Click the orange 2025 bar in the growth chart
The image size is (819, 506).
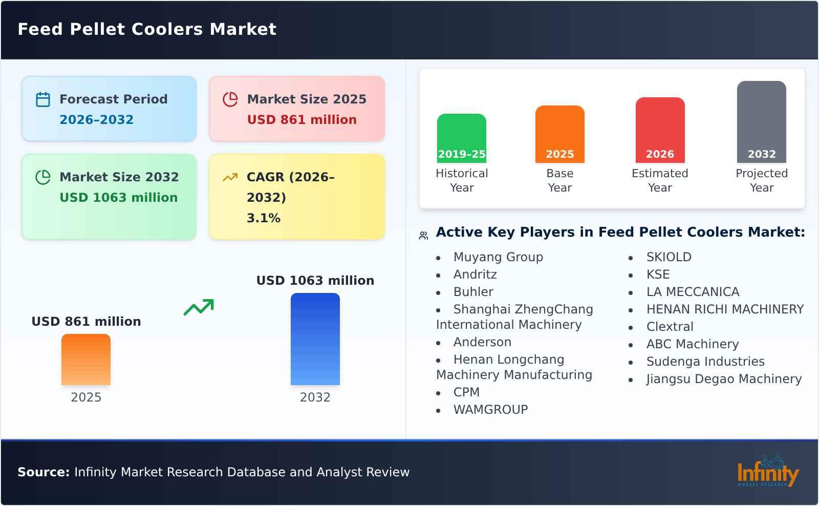pos(86,359)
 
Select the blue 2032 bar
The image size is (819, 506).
pos(315,339)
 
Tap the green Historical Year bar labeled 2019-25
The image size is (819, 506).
pos(461,138)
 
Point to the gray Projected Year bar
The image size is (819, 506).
pos(761,121)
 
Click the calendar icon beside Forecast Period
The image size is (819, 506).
pos(43,99)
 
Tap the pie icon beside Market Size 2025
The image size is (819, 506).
pos(230,99)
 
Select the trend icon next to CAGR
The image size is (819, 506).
pos(230,177)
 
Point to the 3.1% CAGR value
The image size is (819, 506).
pos(263,218)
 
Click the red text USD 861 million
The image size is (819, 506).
pos(301,120)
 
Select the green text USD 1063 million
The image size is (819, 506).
pos(118,198)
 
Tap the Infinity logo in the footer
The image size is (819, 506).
pos(767,471)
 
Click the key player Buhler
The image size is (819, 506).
pos(473,292)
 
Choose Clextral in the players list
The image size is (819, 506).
pos(670,327)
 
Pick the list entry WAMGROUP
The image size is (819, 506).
pos(490,410)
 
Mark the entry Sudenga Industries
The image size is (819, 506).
pos(705,362)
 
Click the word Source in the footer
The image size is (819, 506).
pos(43,472)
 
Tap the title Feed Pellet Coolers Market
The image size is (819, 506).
pos(147,29)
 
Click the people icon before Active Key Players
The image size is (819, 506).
pos(423,236)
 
